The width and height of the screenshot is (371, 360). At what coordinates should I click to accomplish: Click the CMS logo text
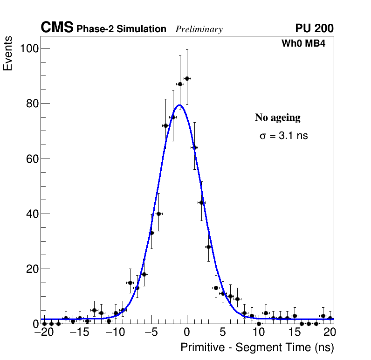click(x=57, y=28)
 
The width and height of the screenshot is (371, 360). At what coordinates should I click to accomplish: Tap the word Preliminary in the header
click(x=199, y=29)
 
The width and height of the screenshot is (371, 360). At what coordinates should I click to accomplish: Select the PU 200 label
click(x=314, y=28)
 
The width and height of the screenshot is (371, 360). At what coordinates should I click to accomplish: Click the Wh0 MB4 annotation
click(x=303, y=43)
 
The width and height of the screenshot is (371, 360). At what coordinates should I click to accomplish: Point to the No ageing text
click(x=277, y=118)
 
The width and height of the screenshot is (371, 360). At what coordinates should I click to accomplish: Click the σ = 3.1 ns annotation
click(x=283, y=136)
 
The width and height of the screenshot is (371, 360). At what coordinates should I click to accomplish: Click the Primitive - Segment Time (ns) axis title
click(x=257, y=347)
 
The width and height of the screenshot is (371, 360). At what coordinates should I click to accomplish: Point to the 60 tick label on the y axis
click(x=32, y=159)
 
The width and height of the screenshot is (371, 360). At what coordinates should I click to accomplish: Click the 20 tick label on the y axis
click(x=32, y=269)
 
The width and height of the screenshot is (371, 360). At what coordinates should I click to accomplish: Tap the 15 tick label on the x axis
click(x=295, y=332)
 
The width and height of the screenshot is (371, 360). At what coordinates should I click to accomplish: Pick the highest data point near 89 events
click(x=187, y=78)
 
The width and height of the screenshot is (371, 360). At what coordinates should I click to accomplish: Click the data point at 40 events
click(x=158, y=214)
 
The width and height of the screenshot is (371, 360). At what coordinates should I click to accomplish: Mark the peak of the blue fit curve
click(x=179, y=105)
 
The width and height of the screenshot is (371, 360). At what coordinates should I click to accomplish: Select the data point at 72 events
click(x=165, y=125)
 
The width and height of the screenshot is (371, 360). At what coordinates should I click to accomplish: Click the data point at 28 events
click(x=208, y=247)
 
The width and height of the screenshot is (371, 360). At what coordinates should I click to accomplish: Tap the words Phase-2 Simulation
click(x=121, y=29)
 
